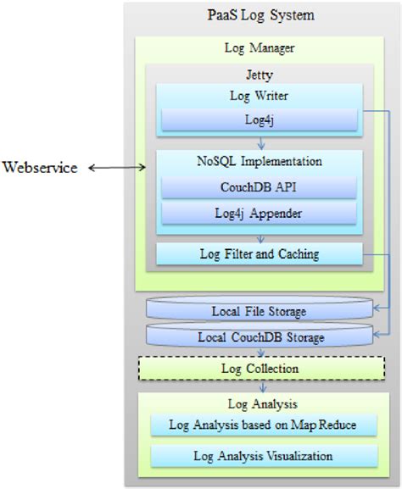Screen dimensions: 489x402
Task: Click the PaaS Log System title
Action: pyautogui.click(x=261, y=14)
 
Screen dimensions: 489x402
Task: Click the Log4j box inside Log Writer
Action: pyautogui.click(x=260, y=120)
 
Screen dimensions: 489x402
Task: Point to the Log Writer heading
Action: pyautogui.click(x=260, y=95)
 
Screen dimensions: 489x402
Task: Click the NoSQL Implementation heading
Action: pyautogui.click(x=260, y=160)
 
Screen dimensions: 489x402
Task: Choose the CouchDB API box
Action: pyautogui.click(x=260, y=186)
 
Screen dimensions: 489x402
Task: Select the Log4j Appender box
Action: pyautogui.click(x=260, y=214)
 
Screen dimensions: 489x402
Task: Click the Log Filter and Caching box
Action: pyautogui.click(x=260, y=253)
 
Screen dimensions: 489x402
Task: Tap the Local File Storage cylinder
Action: pyautogui.click(x=260, y=311)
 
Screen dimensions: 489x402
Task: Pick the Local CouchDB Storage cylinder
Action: pyautogui.click(x=260, y=338)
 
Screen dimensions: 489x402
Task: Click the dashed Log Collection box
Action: pyautogui.click(x=260, y=369)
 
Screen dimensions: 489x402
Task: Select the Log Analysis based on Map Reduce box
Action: pyautogui.click(x=260, y=425)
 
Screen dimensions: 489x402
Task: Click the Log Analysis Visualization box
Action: pyautogui.click(x=260, y=457)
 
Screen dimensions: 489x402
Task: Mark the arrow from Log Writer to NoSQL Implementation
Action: pyautogui.click(x=260, y=143)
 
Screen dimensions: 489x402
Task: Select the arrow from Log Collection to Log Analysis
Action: pyautogui.click(x=260, y=386)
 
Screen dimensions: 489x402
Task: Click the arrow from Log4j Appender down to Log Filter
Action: pyautogui.click(x=260, y=236)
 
